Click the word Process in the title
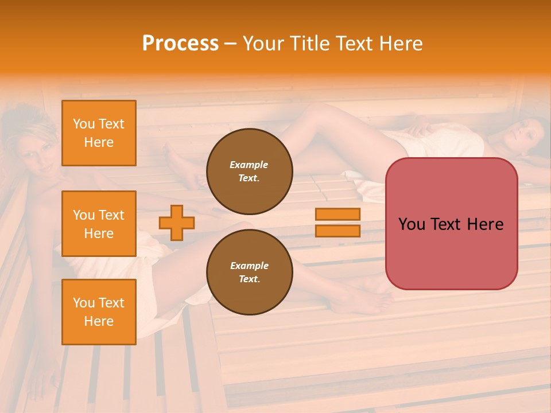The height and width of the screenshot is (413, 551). click(180, 44)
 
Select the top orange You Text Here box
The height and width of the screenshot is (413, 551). click(99, 133)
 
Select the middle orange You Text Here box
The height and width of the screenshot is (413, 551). click(99, 224)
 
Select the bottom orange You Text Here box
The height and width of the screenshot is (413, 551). click(99, 312)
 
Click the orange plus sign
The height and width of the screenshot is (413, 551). click(177, 223)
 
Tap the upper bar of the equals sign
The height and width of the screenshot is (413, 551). click(338, 214)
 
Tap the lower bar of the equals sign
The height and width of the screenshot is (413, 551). click(338, 231)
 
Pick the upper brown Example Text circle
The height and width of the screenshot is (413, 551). click(249, 171)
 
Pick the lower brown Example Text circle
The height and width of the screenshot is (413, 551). click(249, 272)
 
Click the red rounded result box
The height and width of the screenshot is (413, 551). click(451, 224)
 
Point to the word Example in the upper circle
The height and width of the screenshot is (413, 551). click(249, 165)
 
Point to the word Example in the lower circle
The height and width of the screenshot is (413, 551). click(249, 266)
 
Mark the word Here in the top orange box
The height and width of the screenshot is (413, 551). click(99, 142)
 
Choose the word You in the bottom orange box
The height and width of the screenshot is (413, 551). click(84, 303)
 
